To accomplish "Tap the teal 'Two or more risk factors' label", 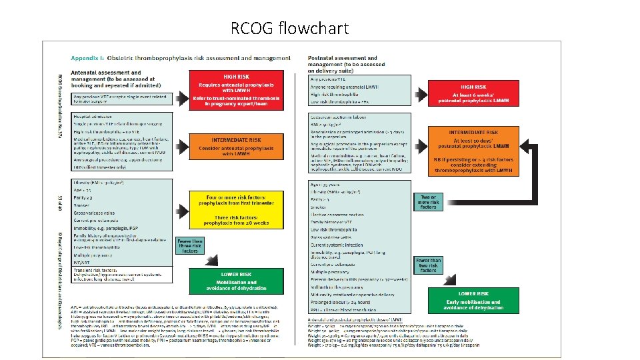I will pyautogui.click(x=429, y=201).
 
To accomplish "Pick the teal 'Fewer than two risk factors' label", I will pyautogui.click(x=428, y=264).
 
